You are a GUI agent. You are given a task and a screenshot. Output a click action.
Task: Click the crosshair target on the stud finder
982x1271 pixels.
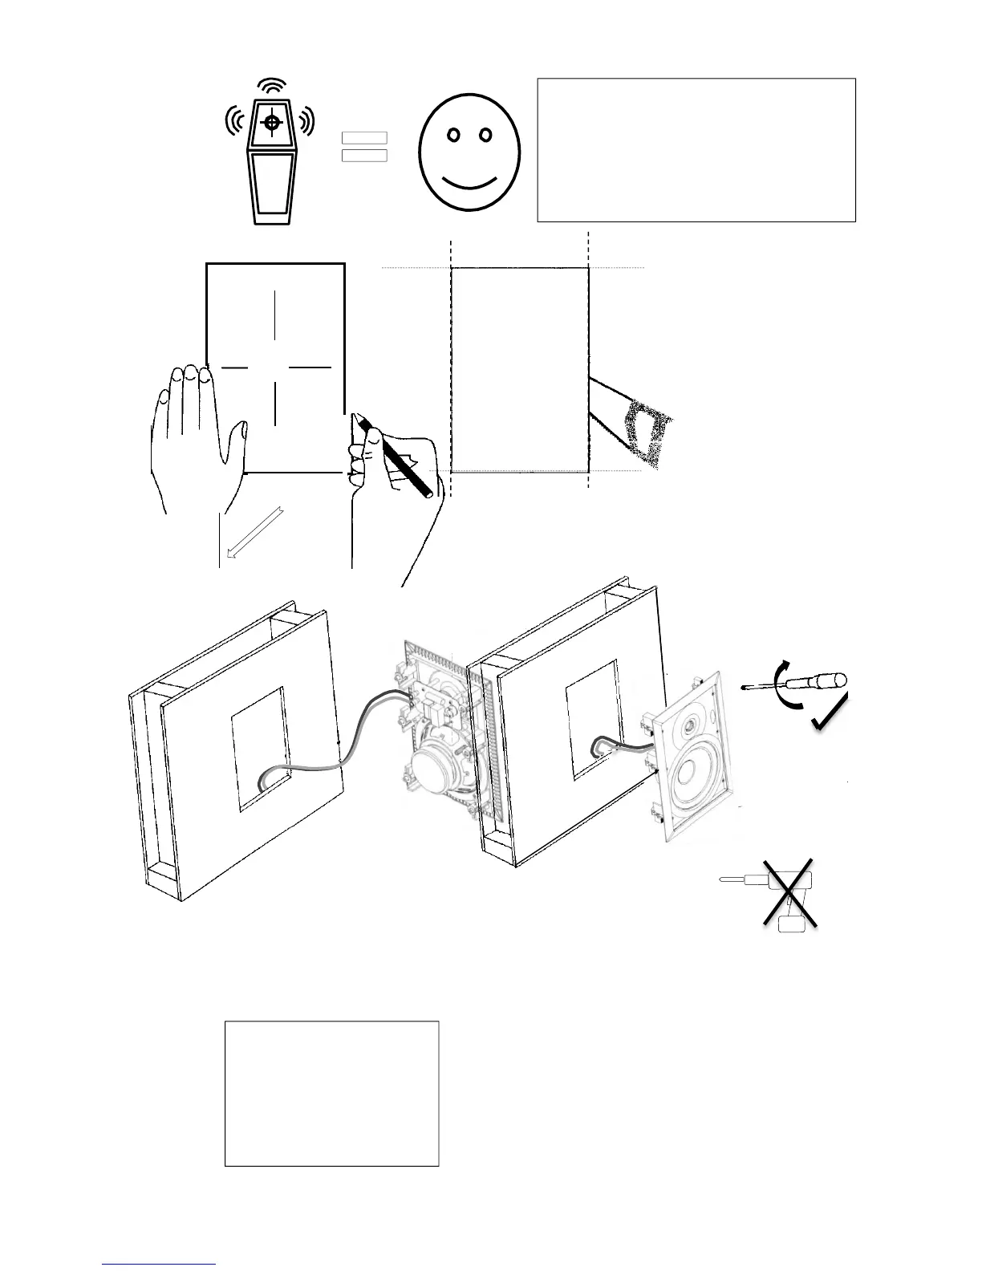(x=273, y=123)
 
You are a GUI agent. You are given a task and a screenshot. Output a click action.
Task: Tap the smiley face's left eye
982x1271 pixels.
(x=453, y=135)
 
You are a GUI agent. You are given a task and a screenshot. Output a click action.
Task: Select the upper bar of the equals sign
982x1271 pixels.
(x=364, y=138)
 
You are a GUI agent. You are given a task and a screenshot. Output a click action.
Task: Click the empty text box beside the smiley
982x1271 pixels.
(x=696, y=150)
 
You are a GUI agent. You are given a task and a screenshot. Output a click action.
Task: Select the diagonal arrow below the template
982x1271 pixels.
(x=254, y=530)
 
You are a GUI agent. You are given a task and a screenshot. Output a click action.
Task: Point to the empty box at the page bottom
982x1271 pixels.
(x=331, y=1093)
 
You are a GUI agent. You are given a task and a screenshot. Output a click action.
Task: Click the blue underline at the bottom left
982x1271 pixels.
(x=160, y=1264)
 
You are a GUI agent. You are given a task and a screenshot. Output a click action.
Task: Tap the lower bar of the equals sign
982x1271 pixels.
(x=364, y=155)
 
